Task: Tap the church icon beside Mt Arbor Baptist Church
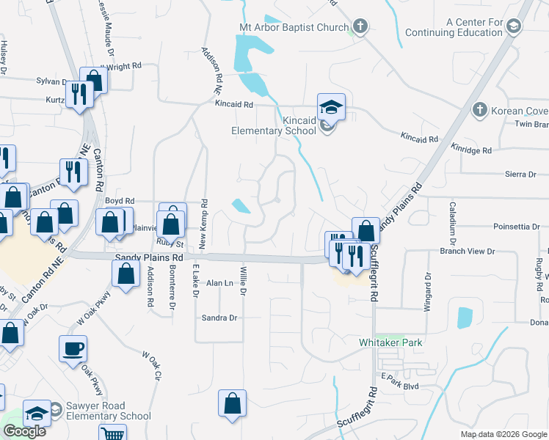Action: (360, 27)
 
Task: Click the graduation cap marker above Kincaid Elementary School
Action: (331, 107)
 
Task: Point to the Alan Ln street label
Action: (219, 282)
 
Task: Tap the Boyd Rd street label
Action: (120, 200)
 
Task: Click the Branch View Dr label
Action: (467, 251)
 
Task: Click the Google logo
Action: (24, 431)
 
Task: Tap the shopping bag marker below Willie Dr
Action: (232, 403)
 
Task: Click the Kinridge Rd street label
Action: (470, 150)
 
